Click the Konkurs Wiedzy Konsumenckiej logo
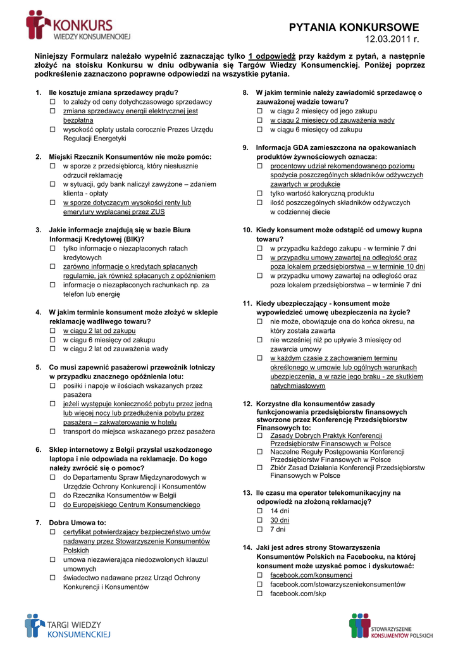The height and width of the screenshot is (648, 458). pos(78,27)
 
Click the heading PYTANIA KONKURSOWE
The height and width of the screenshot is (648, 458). pos(354,27)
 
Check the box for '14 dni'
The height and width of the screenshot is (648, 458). pos(259,511)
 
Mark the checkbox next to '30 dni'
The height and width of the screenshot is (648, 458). pos(259,520)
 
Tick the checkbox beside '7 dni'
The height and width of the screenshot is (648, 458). pos(259,529)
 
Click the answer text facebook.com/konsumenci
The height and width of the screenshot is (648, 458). pos(311,575)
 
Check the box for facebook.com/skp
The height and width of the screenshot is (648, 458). pos(259,594)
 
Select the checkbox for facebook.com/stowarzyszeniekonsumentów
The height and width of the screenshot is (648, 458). pos(259,585)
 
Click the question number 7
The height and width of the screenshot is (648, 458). pos(38,523)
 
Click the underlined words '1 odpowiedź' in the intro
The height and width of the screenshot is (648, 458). pos(273,56)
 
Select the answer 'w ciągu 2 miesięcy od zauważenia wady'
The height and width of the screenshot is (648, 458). pos(332,120)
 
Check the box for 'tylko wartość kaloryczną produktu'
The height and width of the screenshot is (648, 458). pos(259,194)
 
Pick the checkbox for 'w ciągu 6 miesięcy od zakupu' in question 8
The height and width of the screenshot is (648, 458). pos(259,130)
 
